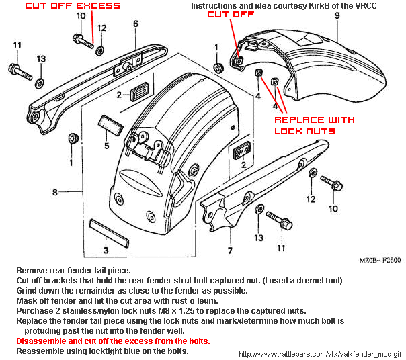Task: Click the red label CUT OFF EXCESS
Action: tap(73, 6)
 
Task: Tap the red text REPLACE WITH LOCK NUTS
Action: tap(314, 125)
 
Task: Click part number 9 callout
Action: tap(337, 15)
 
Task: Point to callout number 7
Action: tap(230, 251)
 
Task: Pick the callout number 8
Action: tap(56, 192)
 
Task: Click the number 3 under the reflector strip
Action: tap(106, 251)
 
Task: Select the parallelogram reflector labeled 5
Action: tap(109, 125)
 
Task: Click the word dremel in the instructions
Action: tap(304, 280)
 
